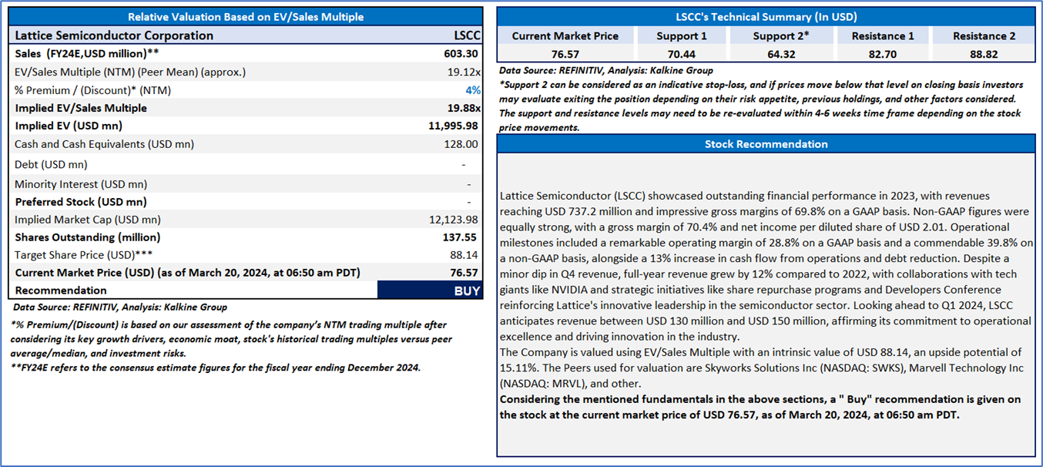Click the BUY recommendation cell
430,291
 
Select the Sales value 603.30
461,53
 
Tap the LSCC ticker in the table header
467,35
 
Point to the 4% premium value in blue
473,90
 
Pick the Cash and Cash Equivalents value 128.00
461,144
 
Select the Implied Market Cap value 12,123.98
454,220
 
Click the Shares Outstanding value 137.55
461,237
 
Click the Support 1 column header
681,36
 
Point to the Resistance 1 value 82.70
883,55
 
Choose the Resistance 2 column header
984,36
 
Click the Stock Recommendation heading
766,144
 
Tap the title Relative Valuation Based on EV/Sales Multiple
245,17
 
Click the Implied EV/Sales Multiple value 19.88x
464,108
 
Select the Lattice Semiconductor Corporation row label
114,35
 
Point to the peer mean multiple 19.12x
464,72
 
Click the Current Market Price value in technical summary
565,55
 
